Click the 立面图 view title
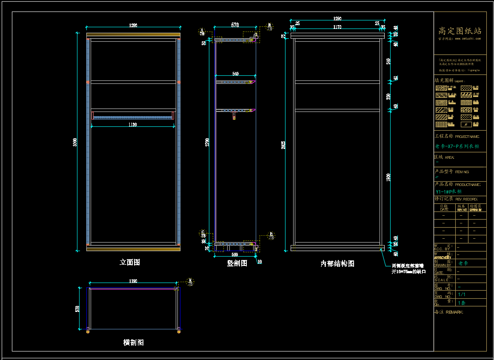[129, 263]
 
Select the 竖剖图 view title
[237, 263]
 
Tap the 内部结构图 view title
[337, 264]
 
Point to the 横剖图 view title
[133, 342]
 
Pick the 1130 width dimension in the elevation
[133, 125]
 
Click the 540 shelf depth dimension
[235, 74]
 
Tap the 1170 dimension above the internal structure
[337, 27]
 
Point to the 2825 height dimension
[283, 144]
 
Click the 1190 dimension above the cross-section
[133, 281]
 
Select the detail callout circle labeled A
[203, 31]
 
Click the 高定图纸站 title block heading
[460, 31]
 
